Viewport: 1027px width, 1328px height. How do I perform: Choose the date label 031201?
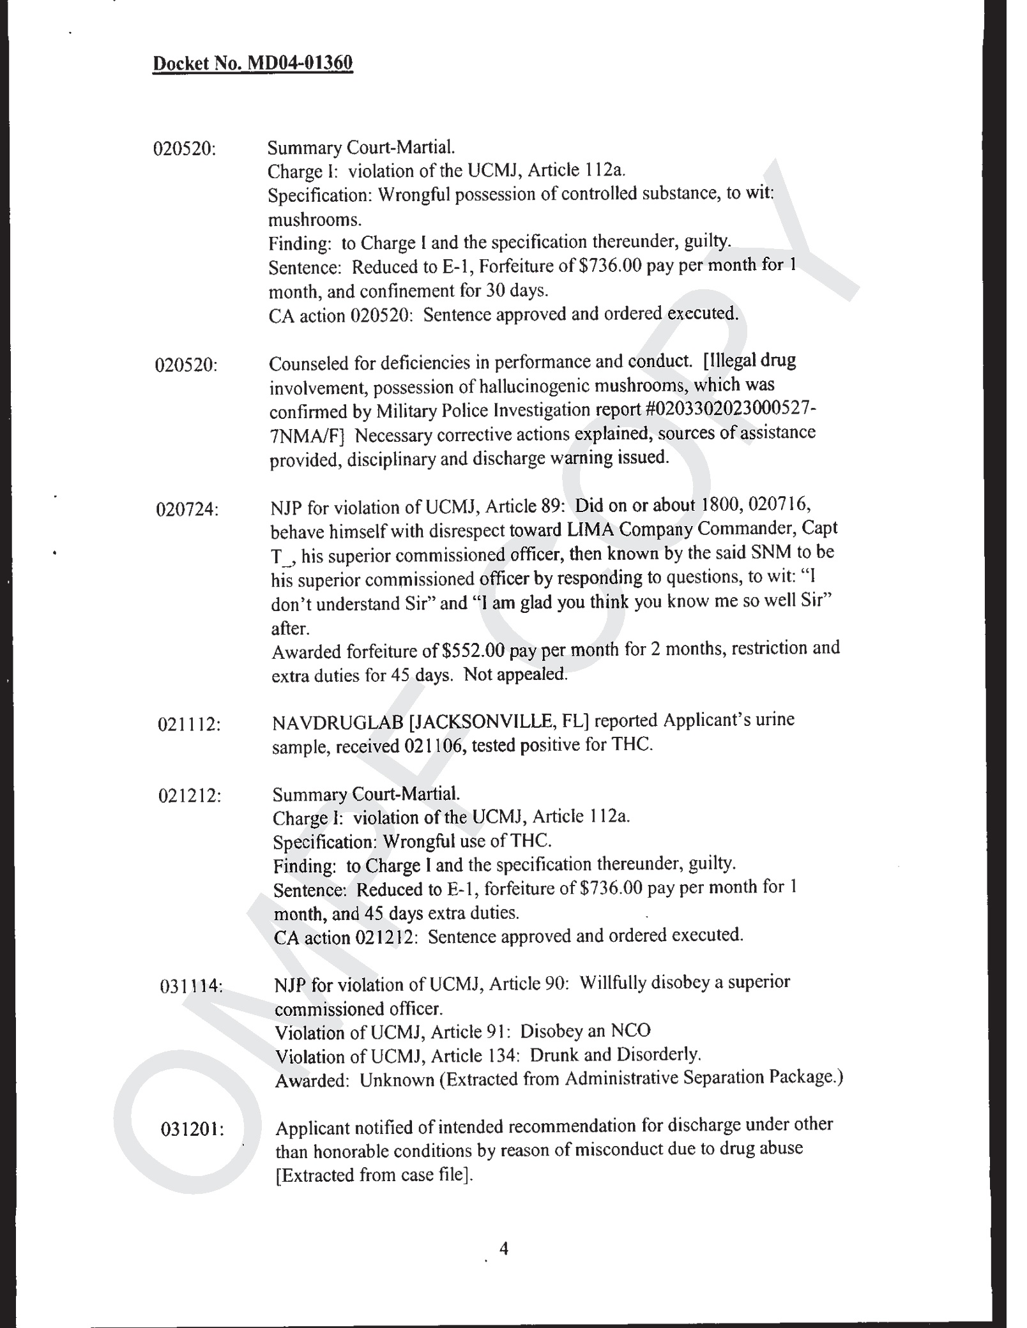(191, 1129)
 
